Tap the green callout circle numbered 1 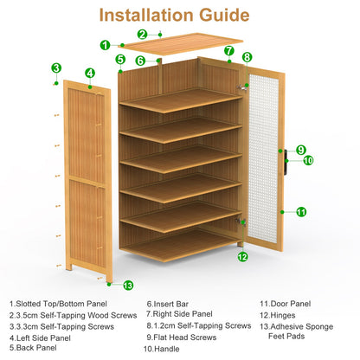pyautogui.click(x=105, y=45)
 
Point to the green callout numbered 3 pyautogui.click(x=56, y=67)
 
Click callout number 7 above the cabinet pyautogui.click(x=228, y=51)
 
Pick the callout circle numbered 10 pyautogui.click(x=308, y=160)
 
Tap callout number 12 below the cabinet pyautogui.click(x=242, y=256)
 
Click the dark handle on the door pyautogui.click(x=285, y=159)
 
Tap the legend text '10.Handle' pyautogui.click(x=162, y=349)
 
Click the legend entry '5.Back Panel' pyautogui.click(x=34, y=349)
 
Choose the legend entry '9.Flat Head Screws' pyautogui.click(x=182, y=337)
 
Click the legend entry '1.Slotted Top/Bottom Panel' pyautogui.click(x=59, y=304)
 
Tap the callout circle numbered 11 pyautogui.click(x=301, y=212)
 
